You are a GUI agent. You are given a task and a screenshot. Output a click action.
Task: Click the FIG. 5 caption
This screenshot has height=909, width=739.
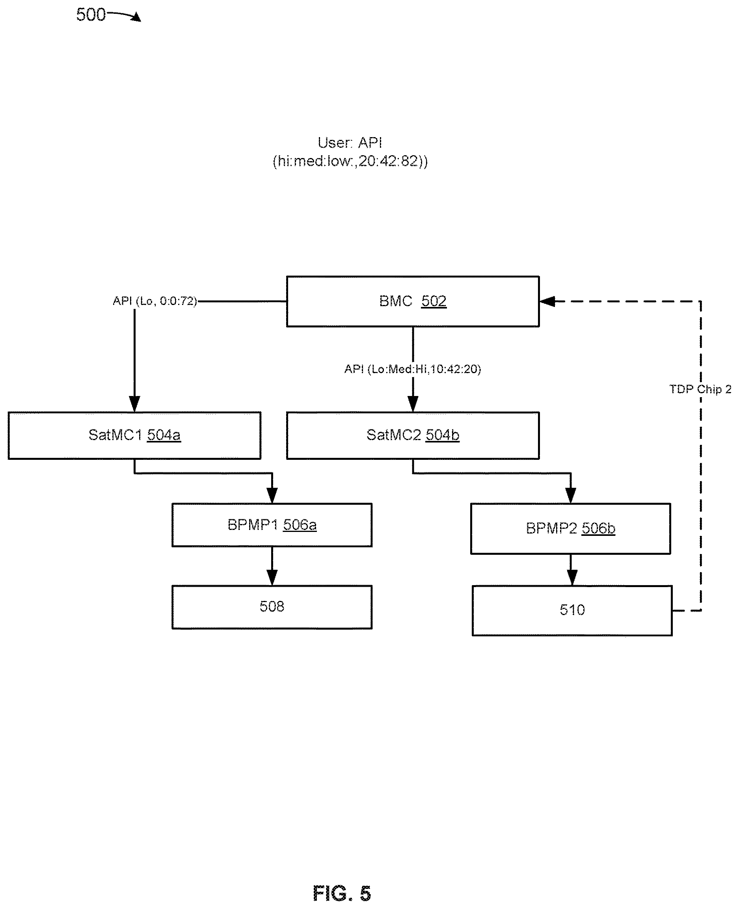[x=342, y=893]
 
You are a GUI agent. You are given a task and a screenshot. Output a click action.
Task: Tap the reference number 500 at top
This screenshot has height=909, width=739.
[x=91, y=15]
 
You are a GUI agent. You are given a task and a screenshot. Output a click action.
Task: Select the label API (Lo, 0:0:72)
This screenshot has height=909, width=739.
[x=155, y=301]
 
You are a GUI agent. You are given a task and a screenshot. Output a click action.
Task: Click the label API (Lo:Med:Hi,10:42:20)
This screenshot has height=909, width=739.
[x=413, y=369]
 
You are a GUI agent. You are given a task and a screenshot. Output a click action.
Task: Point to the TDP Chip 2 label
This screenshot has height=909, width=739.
[x=700, y=389]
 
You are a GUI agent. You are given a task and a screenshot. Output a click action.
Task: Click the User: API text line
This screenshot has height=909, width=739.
[x=350, y=143]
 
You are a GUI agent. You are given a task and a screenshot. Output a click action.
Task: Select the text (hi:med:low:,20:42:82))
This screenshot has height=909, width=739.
[x=350, y=161]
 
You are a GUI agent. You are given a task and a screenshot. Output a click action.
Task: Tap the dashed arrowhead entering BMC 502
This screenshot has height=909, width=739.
[x=547, y=301]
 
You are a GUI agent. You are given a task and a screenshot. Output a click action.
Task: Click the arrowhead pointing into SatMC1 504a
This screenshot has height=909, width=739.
[x=134, y=404]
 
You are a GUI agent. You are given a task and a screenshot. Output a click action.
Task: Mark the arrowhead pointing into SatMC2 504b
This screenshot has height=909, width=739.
[x=413, y=404]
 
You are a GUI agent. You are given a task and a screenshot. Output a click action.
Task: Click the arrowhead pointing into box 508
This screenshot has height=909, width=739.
[x=272, y=578]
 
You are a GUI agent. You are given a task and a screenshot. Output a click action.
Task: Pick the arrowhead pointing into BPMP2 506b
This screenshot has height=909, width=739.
[x=570, y=495]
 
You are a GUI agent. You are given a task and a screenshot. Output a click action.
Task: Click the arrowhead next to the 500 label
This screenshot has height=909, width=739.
[x=136, y=17]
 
